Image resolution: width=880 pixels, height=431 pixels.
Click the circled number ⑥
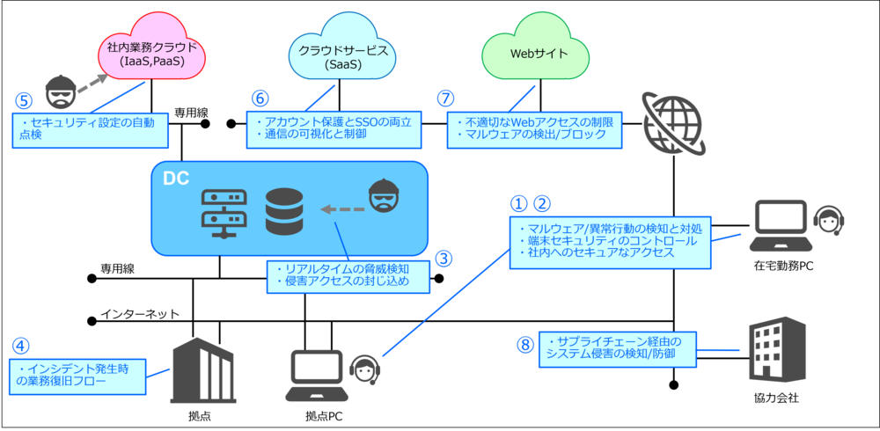click(259, 98)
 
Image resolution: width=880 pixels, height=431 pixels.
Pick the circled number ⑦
click(446, 98)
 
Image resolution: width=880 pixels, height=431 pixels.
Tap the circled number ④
click(20, 346)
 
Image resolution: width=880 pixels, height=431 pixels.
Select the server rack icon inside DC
click(221, 214)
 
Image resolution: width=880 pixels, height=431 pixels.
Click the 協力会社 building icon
click(775, 351)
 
